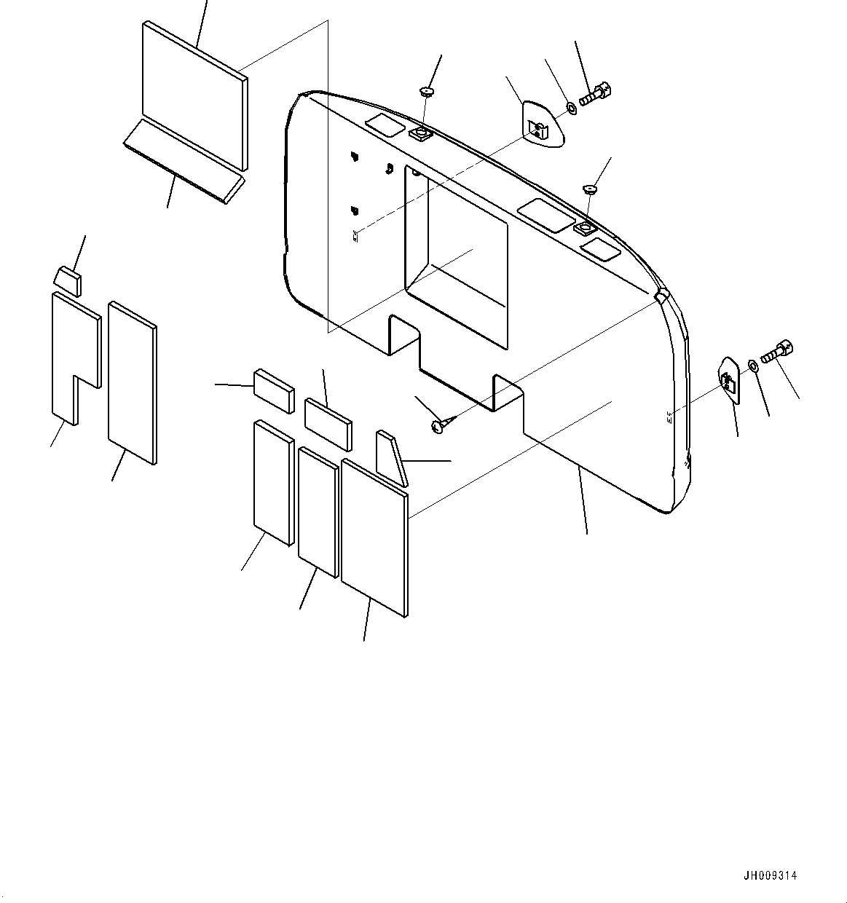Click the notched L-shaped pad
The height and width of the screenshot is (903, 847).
[74, 350]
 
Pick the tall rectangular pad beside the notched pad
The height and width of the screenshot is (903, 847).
[132, 382]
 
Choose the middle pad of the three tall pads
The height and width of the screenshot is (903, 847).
[318, 510]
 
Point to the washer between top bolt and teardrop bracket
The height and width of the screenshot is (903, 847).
[571, 109]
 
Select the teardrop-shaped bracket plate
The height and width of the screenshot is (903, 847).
[543, 124]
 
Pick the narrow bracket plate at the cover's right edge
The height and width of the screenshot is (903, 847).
[729, 379]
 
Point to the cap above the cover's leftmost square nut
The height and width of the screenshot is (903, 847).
[425, 91]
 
